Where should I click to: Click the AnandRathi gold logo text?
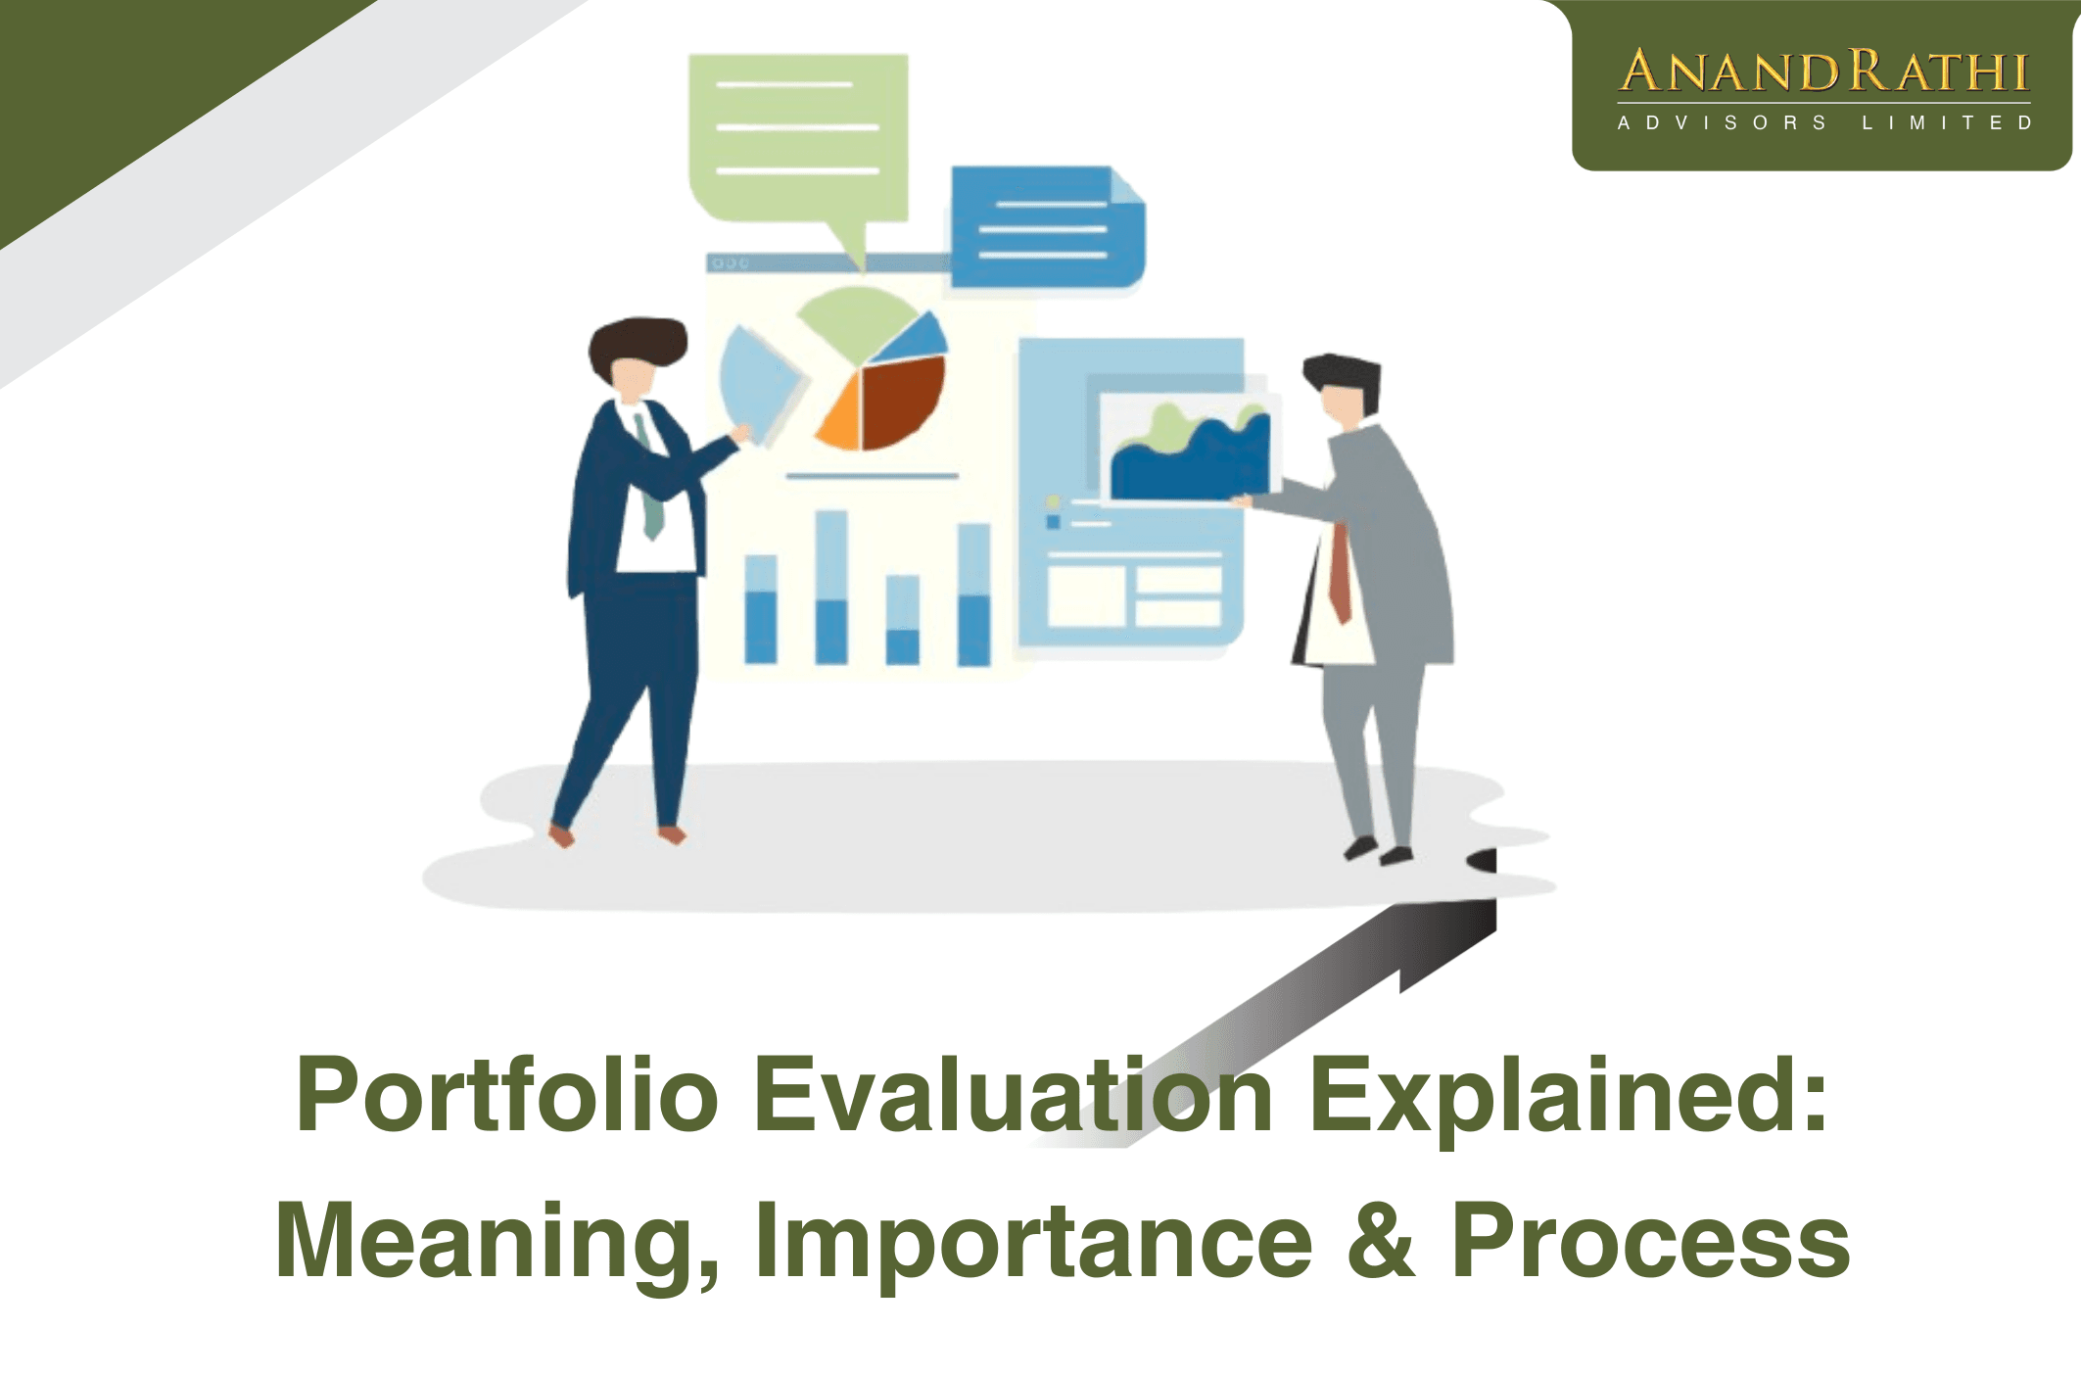1823,71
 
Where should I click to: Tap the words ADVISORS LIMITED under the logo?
1823,123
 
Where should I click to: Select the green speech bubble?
798,137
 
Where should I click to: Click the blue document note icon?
1046,227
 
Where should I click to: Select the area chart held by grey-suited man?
1190,451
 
